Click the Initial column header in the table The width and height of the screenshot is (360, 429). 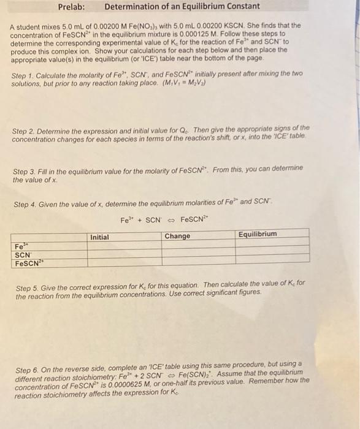99,237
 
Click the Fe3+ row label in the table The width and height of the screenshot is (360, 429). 20,246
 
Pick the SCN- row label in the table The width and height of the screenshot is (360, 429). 22,255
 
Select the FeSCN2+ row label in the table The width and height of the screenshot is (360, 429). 28,264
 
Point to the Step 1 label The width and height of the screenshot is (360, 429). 24,75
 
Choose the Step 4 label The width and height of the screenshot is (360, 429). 26,205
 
